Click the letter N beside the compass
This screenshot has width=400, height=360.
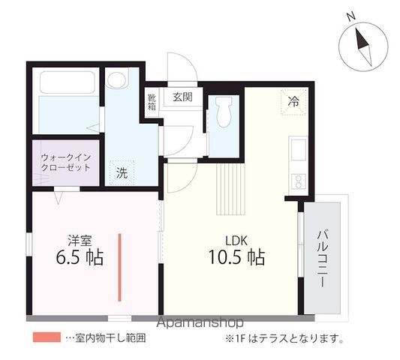[351, 16]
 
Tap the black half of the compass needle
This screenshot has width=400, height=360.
[362, 39]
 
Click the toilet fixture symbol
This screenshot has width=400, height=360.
[224, 112]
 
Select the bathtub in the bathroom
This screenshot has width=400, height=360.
[68, 82]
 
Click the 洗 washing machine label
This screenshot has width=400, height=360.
[122, 173]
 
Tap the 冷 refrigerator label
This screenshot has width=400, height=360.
[293, 102]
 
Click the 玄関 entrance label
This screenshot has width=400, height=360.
[182, 97]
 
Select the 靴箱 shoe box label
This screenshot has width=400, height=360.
[152, 102]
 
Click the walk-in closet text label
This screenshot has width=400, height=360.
[66, 163]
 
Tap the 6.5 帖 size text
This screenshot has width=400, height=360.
[80, 257]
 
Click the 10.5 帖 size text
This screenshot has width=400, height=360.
[237, 256]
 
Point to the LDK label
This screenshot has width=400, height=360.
[236, 241]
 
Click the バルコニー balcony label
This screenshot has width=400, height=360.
[323, 259]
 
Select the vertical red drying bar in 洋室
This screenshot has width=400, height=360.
[119, 268]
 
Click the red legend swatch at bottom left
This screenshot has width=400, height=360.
[47, 337]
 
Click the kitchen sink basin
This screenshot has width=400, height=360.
[299, 150]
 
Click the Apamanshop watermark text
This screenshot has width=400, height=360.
[200, 323]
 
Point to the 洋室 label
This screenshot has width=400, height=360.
[80, 240]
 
